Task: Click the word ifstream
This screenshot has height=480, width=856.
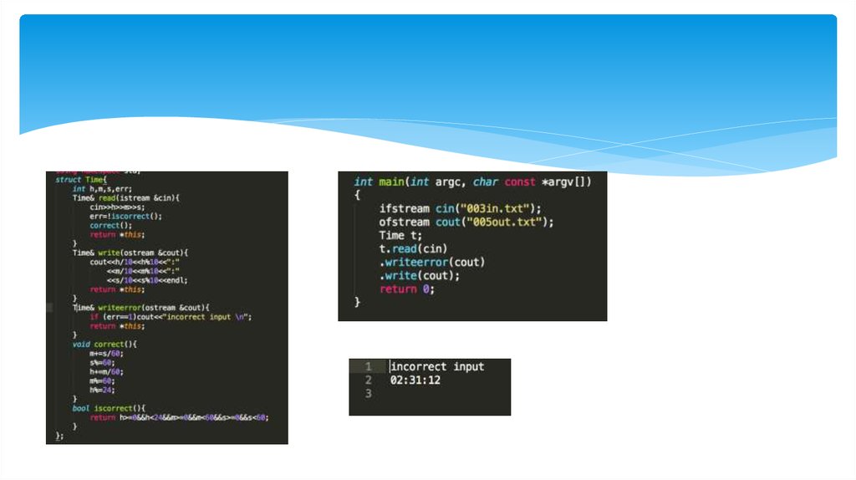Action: (x=407, y=208)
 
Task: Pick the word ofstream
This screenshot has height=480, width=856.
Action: (x=407, y=222)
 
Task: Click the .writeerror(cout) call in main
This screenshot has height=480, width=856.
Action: (x=432, y=262)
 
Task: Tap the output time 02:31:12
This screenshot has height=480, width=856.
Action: (x=415, y=380)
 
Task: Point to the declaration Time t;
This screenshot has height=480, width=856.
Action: (x=403, y=235)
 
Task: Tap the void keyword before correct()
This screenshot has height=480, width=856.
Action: (x=81, y=344)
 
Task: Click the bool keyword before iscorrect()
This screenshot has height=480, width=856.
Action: (x=81, y=407)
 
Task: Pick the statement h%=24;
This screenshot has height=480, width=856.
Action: (x=102, y=389)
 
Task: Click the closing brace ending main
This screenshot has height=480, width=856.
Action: (x=358, y=302)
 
